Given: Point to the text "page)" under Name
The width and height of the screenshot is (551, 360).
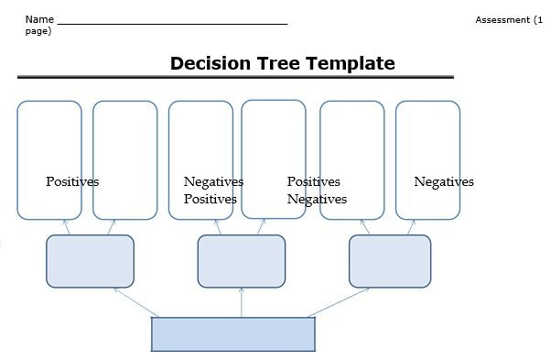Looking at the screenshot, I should [x=38, y=31].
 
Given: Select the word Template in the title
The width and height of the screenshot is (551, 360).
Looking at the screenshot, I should [x=351, y=63].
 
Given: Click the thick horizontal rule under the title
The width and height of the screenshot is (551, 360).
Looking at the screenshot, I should [x=235, y=77].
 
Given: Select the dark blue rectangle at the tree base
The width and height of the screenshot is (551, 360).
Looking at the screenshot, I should [x=232, y=334].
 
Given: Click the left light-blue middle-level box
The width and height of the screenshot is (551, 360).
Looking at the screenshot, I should [x=90, y=261].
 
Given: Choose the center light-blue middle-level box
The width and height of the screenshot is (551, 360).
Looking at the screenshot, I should [x=241, y=261].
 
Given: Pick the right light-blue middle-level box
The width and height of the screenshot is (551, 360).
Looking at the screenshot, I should [x=389, y=261].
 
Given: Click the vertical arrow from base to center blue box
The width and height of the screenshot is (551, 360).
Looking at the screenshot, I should [x=241, y=302].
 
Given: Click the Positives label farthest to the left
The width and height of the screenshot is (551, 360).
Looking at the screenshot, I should [x=72, y=181].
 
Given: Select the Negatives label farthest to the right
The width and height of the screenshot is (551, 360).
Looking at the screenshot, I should [x=444, y=181].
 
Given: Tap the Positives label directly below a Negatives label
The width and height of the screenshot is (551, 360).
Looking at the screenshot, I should [x=210, y=199].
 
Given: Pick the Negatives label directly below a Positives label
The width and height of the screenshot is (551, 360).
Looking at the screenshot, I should [x=317, y=199].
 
